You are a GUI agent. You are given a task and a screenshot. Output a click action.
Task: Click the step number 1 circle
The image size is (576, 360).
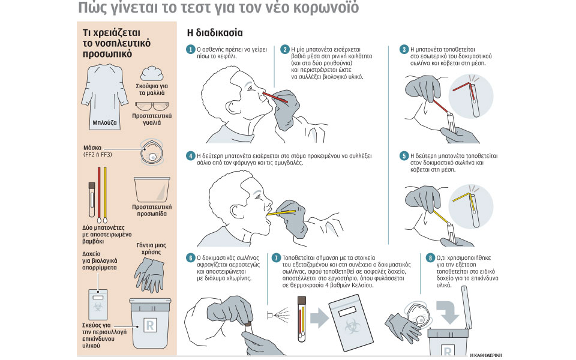pos(190,49)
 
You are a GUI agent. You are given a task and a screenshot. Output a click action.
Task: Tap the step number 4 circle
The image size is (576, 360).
pos(190,156)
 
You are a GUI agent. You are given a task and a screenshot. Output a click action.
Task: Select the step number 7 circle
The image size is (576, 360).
pos(276,258)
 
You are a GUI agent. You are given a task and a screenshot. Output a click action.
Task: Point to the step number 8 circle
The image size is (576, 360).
pos(430,258)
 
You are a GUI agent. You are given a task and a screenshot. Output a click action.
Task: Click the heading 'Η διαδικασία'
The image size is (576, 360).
pos(215,33)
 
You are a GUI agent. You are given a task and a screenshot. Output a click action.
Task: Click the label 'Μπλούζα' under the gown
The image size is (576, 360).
pos(104,122)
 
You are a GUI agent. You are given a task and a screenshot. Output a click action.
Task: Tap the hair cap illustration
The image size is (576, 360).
pos(152,73)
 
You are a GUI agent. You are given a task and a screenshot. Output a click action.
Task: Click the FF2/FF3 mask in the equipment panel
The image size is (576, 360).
pos(152,152)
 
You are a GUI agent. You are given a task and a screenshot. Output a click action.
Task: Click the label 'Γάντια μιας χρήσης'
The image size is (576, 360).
pos(151,248)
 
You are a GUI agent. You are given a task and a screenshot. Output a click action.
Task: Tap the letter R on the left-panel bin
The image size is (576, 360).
pos(150,325)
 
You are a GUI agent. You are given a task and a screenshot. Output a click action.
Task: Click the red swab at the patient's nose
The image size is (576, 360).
pos(275,97)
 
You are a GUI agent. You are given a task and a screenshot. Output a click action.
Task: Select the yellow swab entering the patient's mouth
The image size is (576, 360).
pos(281,212)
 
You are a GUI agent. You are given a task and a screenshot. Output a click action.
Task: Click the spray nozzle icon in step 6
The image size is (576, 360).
pos(270,315)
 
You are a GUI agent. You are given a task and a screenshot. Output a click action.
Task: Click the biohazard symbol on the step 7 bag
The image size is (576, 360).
pos(352,326)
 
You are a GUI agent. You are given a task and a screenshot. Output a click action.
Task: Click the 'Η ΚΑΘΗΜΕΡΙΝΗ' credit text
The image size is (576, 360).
pos(486,355)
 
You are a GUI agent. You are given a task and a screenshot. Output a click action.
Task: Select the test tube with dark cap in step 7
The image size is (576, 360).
pos(302,319)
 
